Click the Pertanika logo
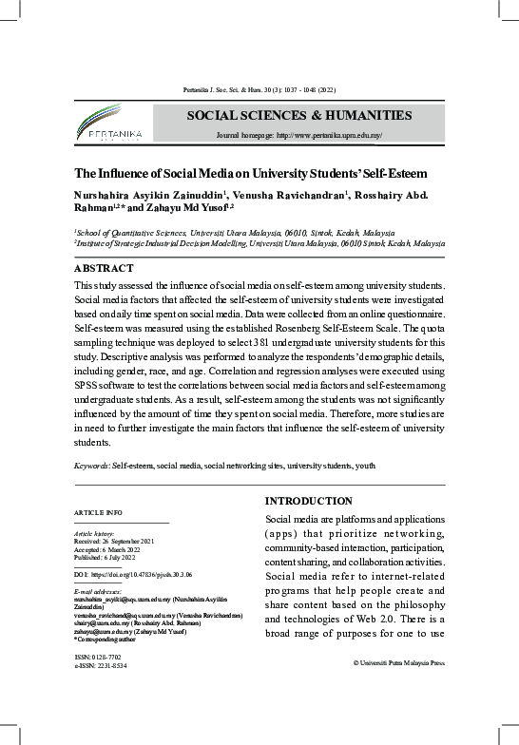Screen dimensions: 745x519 tap(109, 126)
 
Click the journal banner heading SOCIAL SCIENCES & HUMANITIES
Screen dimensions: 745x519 tap(298, 115)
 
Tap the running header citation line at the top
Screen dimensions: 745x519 tap(259, 90)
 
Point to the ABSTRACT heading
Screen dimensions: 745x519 tap(104, 268)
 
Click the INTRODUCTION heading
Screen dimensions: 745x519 tap(308, 501)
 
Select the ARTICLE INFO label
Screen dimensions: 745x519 tap(97, 513)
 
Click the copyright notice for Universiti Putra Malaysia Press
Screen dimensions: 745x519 tap(398, 663)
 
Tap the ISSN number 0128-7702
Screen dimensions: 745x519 tap(105, 657)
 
